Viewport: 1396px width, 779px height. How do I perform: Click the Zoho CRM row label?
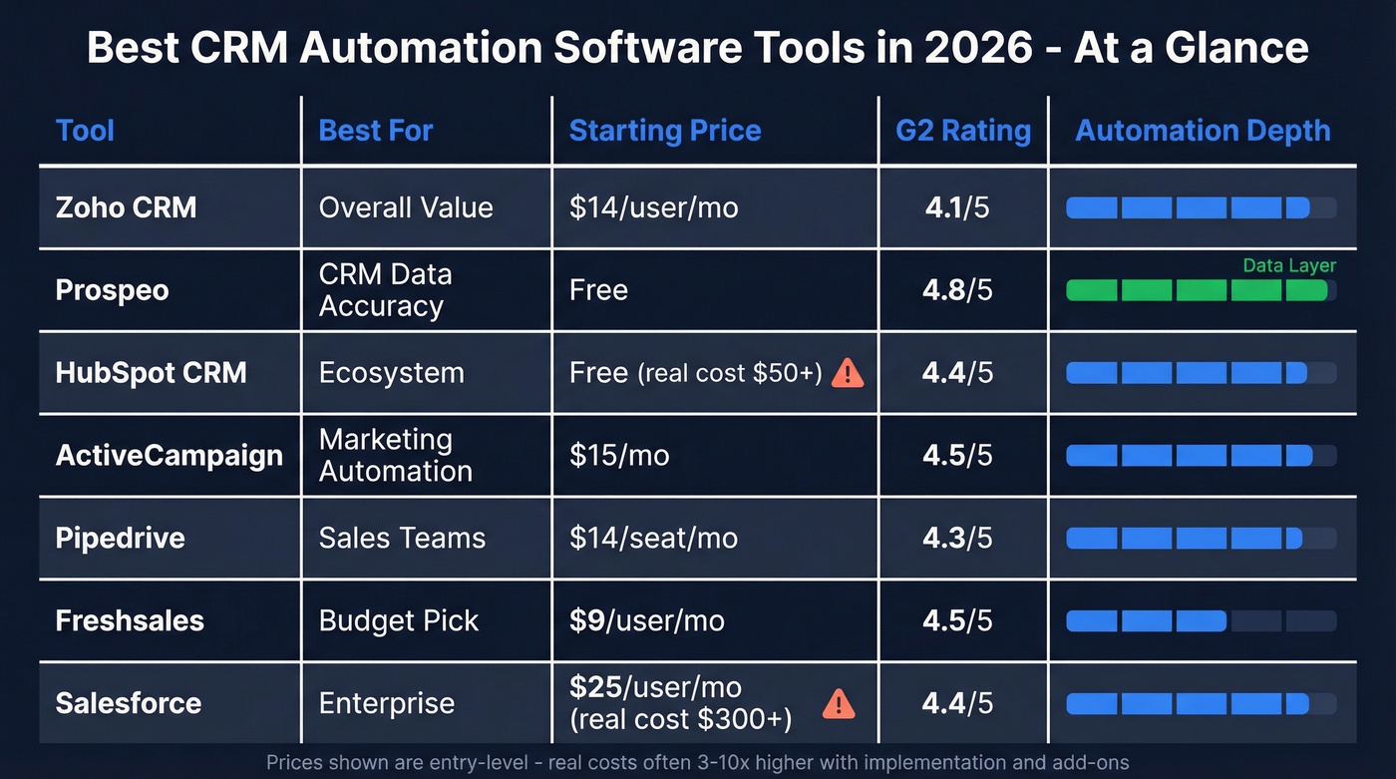click(126, 207)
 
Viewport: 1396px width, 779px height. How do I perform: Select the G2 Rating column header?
click(962, 131)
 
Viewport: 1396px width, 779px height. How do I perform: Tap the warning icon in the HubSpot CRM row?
click(847, 373)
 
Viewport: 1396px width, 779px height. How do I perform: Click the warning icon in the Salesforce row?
click(839, 704)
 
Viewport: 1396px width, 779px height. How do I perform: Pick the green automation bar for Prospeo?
click(1197, 290)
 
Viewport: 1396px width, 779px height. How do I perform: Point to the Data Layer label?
click(1288, 265)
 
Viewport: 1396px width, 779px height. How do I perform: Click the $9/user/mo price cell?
click(646, 620)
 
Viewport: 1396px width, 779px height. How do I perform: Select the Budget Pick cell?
click(399, 620)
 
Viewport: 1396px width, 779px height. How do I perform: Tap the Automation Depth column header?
click(1203, 131)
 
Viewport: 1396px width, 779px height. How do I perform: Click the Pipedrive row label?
click(120, 538)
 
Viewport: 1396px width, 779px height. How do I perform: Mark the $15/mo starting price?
click(619, 456)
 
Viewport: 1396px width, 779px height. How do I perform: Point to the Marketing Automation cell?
click(395, 456)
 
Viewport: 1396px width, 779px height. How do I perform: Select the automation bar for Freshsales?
click(1201, 621)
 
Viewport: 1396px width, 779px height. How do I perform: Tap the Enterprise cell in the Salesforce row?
click(386, 703)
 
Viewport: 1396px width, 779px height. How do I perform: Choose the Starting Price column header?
click(664, 131)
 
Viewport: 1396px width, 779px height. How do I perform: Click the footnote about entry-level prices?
click(697, 763)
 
